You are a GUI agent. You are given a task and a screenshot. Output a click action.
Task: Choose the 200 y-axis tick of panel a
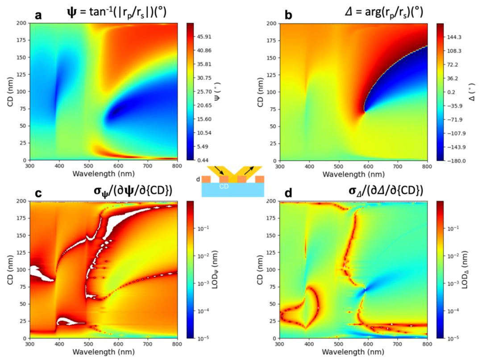[21, 23]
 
